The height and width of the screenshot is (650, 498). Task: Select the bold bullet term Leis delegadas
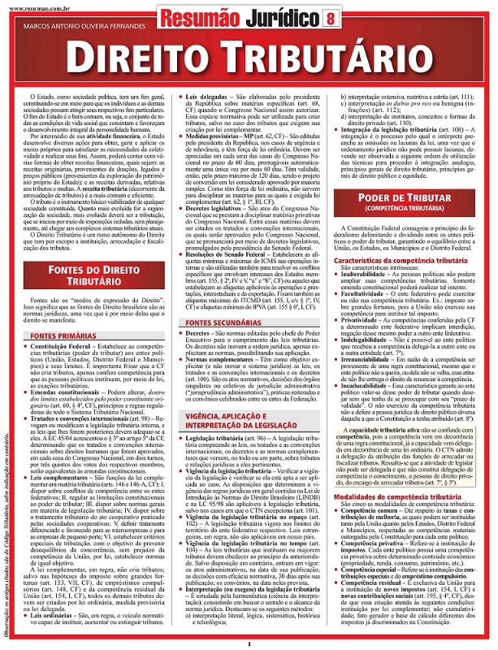tap(197, 96)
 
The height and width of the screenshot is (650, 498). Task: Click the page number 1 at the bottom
tap(249, 643)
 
